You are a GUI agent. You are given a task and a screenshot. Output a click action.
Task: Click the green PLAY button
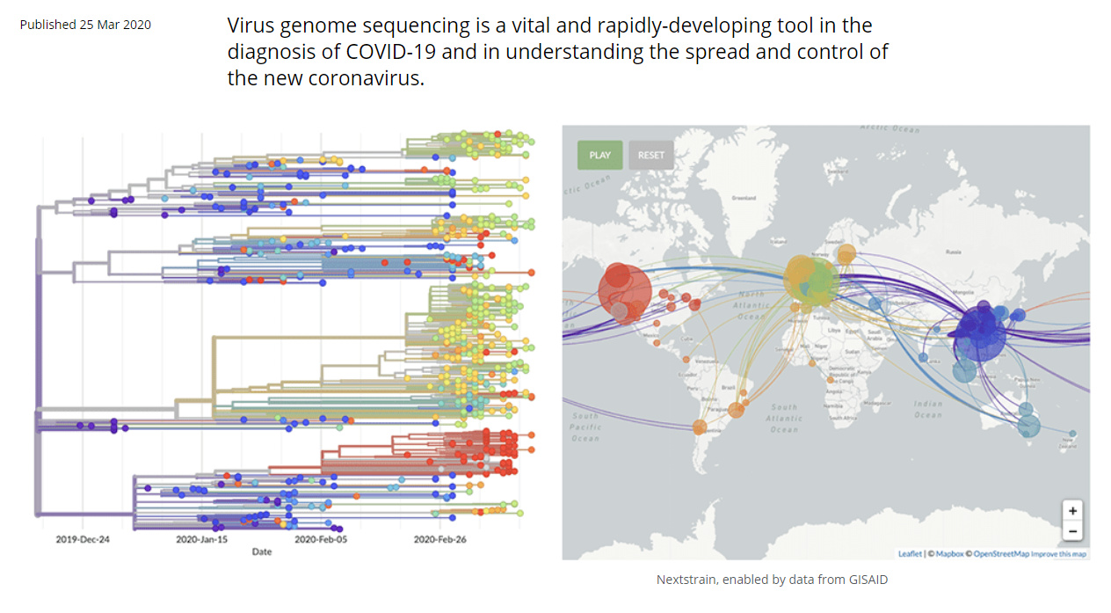pos(599,155)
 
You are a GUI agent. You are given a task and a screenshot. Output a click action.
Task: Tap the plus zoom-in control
pos(1071,511)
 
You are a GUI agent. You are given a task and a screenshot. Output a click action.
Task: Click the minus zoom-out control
pos(1071,530)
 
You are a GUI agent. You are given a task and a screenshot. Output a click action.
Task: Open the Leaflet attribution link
pos(910,554)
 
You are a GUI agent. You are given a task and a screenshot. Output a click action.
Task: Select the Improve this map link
pos(1058,554)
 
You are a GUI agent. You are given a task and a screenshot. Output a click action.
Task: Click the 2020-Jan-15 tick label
pos(201,539)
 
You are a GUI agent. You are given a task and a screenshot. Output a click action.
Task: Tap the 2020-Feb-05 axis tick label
pos(320,539)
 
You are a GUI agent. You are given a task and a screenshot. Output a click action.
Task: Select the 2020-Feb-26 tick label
pos(439,539)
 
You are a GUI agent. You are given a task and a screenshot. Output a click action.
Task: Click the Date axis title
pos(262,552)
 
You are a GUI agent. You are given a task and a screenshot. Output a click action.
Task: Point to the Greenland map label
pos(744,197)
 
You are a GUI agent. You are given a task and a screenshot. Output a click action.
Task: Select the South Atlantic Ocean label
pos(783,418)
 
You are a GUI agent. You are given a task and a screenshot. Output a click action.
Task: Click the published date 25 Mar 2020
pos(85,25)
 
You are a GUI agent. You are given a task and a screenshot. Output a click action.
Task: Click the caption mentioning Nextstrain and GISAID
pos(778,580)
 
